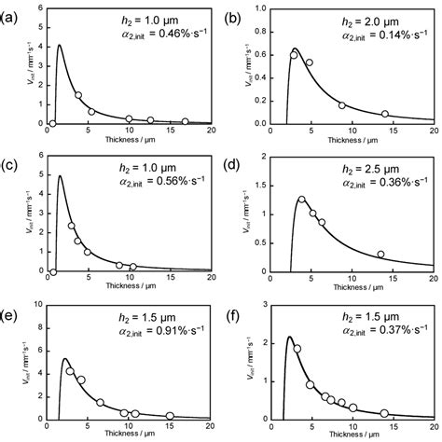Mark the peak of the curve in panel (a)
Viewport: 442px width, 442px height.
coord(60,45)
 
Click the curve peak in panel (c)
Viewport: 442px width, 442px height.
coord(61,175)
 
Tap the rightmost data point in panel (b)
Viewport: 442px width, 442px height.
coord(385,114)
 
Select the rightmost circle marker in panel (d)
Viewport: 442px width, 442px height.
coord(380,254)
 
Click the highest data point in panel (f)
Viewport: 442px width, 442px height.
coord(297,349)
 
